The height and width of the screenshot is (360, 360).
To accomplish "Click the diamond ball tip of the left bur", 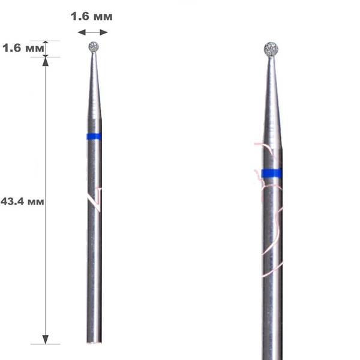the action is point(94,47).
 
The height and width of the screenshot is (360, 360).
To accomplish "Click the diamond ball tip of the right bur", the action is point(271,49).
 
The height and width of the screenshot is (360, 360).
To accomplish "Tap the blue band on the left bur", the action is point(94,136).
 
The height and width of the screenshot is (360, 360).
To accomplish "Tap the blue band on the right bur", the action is point(272,173).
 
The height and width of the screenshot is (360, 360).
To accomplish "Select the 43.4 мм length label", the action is point(22,202).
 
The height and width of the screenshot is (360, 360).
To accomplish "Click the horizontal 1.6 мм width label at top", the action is point(91,17).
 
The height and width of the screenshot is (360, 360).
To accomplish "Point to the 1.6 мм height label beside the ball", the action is point(23,48).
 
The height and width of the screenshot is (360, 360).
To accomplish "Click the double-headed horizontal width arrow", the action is point(92,32).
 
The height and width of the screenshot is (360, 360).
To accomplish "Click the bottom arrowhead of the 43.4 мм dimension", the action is point(46,340).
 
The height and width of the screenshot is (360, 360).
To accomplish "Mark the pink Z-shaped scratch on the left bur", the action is point(95,200).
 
